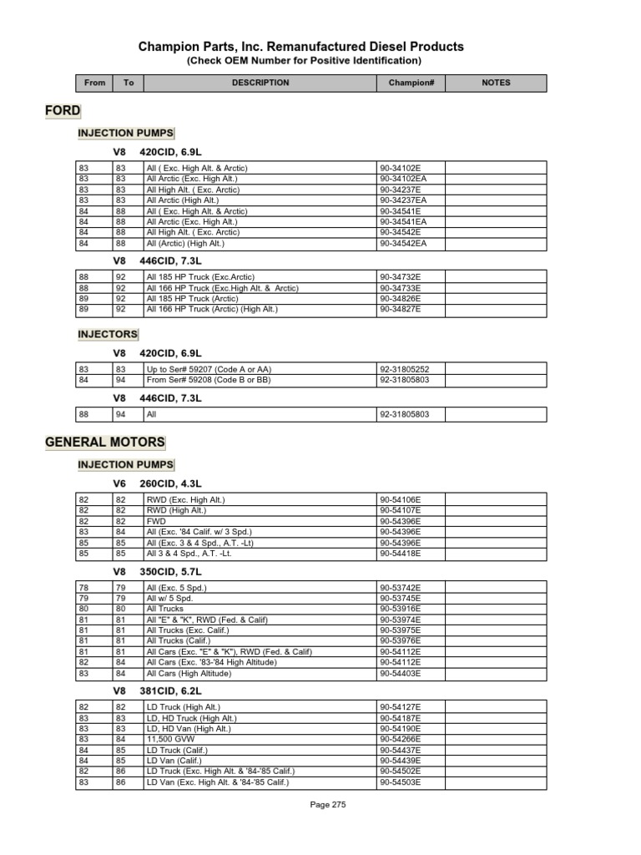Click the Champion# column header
pos(411,83)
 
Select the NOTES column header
pos(496,83)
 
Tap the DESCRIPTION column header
pos(260,83)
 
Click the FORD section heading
pos(63,110)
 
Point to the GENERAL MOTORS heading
pos(105,442)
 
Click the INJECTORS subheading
pos(108,335)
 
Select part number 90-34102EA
pos(403,179)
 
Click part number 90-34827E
pos(401,309)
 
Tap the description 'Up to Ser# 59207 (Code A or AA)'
pos(209,369)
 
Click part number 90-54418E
pos(401,553)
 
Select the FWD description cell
pos(156,520)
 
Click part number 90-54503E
pos(401,782)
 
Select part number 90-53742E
pos(401,588)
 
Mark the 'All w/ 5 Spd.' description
pos(169,599)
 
